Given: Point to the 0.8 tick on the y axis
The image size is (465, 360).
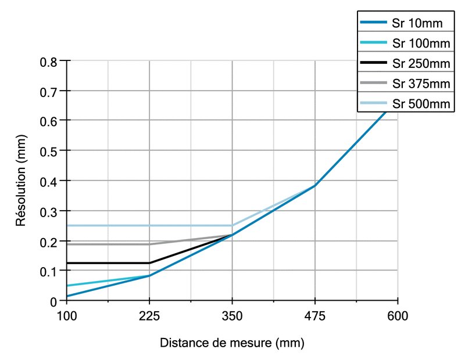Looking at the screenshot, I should [48, 61].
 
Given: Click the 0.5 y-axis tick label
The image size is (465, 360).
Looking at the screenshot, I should [48, 150].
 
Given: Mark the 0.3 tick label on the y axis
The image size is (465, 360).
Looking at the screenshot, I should [48, 211].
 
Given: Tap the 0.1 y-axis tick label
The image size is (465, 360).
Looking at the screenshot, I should [48, 271].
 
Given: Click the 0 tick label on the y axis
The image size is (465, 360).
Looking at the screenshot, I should [53, 301].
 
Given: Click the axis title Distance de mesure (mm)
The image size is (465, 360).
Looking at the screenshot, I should [232, 343].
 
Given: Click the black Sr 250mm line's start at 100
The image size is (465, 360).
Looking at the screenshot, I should [67, 263].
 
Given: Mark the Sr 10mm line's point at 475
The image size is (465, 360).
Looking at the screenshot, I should [315, 185].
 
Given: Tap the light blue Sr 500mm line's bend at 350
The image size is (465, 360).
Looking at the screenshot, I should [232, 225].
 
